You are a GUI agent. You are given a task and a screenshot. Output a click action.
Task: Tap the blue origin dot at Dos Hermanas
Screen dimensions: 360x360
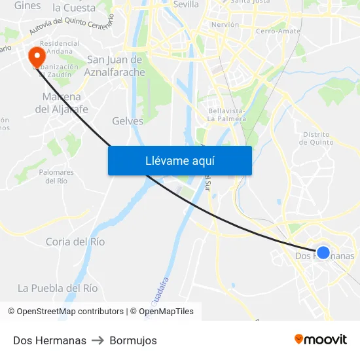pyautogui.click(x=323, y=253)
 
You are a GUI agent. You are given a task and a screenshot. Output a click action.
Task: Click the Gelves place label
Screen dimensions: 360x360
pyautogui.click(x=128, y=121)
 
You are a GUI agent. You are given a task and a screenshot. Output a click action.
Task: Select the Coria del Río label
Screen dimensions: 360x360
pyautogui.click(x=75, y=242)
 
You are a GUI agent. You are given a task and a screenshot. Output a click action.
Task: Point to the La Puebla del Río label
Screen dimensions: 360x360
pyautogui.click(x=58, y=288)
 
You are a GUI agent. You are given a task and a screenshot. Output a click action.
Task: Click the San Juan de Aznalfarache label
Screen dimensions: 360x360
pyautogui.click(x=115, y=66)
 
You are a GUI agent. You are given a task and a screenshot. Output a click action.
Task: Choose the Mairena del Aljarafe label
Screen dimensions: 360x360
pyautogui.click(x=62, y=103)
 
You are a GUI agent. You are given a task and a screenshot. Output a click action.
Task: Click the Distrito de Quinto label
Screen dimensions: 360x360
pyautogui.click(x=318, y=137)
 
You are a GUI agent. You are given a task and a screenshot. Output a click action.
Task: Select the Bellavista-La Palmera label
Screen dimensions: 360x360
pyautogui.click(x=226, y=115)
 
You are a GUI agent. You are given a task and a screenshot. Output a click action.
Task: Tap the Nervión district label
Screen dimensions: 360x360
pyautogui.click(x=225, y=25)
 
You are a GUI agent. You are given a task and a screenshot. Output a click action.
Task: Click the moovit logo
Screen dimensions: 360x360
pyautogui.click(x=320, y=340)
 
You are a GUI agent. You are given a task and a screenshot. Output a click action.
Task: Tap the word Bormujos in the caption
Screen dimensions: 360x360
pyautogui.click(x=133, y=340)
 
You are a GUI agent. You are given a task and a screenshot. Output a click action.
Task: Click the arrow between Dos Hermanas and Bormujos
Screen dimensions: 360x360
pyautogui.click(x=98, y=340)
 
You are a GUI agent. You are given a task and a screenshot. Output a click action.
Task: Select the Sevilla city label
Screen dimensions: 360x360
pyautogui.click(x=186, y=4)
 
